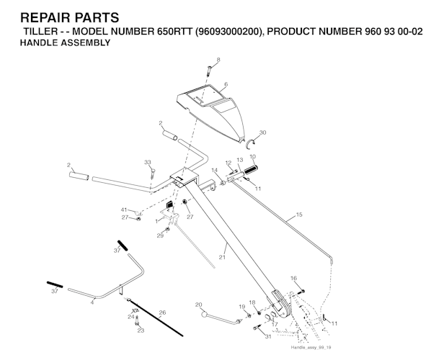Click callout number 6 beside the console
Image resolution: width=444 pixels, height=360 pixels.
[x=226, y=84]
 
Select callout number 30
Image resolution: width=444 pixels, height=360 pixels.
[x=262, y=132]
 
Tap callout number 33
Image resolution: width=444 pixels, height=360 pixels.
[x=148, y=162]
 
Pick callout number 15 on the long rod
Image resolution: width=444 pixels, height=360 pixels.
[x=299, y=215]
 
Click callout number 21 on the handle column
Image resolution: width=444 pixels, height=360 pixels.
[x=223, y=257]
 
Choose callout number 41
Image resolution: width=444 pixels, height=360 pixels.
[x=123, y=210]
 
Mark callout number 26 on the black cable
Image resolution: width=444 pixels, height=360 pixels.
[x=162, y=312]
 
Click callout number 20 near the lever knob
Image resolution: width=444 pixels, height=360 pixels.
[x=197, y=305]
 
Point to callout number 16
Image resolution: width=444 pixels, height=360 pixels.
[x=293, y=278]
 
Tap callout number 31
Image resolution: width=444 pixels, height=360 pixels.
[x=267, y=337]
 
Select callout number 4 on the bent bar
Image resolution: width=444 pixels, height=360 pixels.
[x=92, y=302]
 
